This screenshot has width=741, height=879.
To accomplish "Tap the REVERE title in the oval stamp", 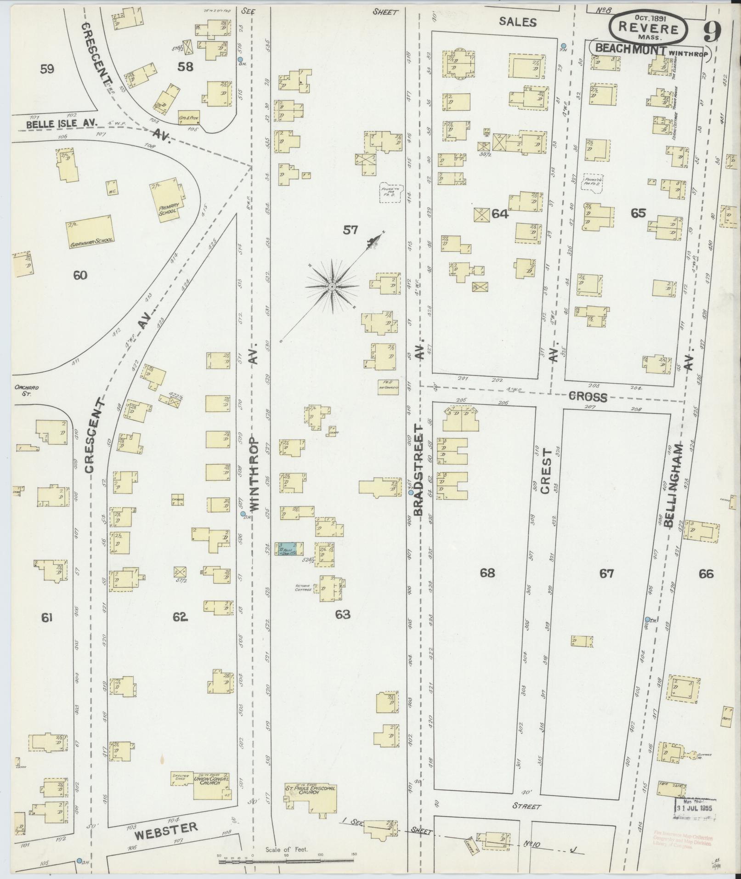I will pyautogui.click(x=649, y=28).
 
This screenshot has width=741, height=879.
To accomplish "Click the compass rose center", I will pyautogui.click(x=332, y=287).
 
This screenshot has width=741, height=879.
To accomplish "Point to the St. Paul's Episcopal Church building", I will pyautogui.click(x=311, y=798).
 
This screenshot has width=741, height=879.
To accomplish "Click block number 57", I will pyautogui.click(x=351, y=230).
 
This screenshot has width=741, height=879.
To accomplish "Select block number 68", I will pyautogui.click(x=487, y=573).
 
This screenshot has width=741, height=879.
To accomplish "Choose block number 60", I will pyautogui.click(x=80, y=275).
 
